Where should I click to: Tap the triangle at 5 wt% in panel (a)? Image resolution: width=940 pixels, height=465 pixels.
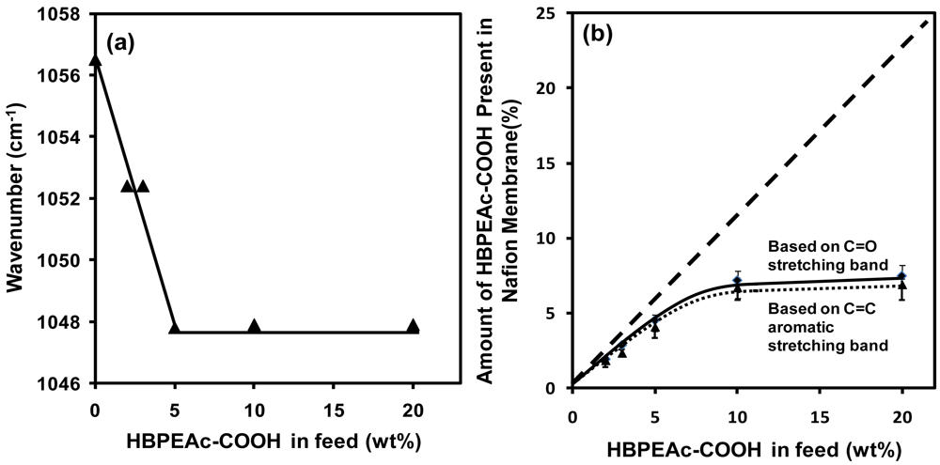click(x=174, y=327)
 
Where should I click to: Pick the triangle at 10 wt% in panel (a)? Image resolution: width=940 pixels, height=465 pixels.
click(x=254, y=326)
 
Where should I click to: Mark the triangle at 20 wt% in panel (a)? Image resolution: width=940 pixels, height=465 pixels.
click(x=413, y=326)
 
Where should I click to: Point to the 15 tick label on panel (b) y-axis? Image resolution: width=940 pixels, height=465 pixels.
click(x=550, y=163)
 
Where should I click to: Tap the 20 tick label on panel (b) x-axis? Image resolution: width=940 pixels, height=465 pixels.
click(x=901, y=412)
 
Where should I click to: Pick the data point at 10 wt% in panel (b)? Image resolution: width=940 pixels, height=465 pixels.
click(x=738, y=282)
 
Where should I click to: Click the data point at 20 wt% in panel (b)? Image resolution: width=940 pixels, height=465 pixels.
click(x=901, y=277)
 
